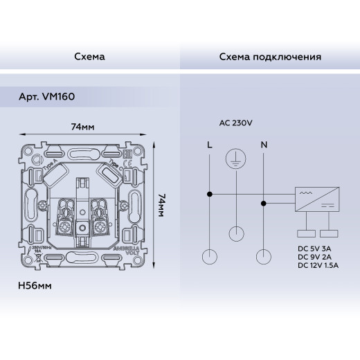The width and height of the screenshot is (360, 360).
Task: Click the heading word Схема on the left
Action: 89,56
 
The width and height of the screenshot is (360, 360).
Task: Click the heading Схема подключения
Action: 269,56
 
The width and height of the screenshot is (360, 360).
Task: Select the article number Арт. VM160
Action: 47,98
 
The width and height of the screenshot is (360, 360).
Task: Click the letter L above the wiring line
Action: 209,145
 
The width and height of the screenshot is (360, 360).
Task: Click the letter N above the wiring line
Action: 262,145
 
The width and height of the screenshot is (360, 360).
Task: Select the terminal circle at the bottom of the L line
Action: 209,258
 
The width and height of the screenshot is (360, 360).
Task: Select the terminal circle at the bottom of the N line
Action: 262,258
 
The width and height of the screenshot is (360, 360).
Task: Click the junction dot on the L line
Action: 209,193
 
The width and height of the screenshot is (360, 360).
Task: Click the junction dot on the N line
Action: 262,204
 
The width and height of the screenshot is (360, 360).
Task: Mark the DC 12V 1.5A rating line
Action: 320,264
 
